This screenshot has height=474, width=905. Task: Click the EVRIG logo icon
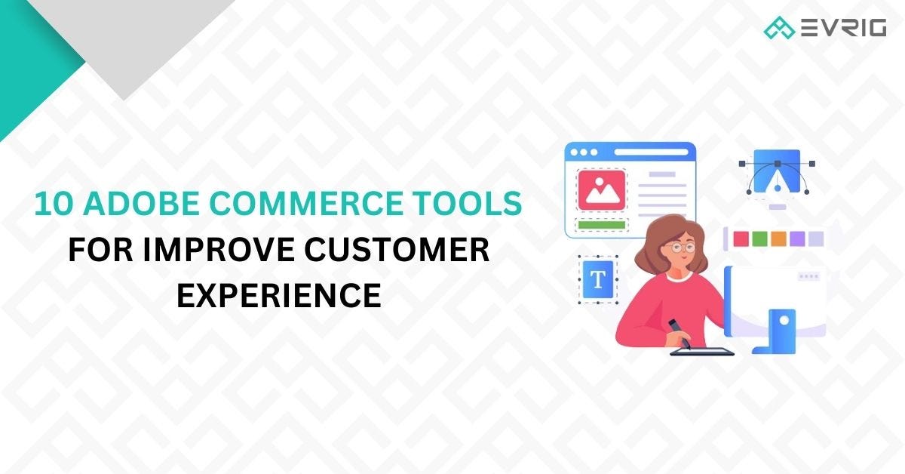779,29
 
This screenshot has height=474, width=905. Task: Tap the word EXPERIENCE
278,295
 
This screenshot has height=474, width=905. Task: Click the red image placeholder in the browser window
601,190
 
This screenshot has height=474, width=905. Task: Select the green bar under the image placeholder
601,224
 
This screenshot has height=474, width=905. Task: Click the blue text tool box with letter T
597,279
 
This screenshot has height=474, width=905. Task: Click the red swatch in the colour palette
741,239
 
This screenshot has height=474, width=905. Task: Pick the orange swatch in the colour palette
778,239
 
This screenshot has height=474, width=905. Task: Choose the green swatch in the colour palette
759,239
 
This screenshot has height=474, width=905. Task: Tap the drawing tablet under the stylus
701,351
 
